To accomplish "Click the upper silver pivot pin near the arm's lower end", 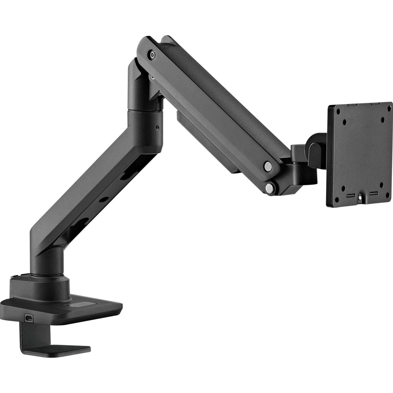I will [268, 165].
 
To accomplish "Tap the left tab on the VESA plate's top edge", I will [352, 105].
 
